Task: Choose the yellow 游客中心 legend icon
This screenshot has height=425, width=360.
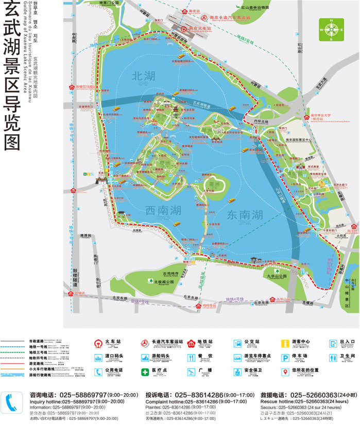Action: pos(284,343)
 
